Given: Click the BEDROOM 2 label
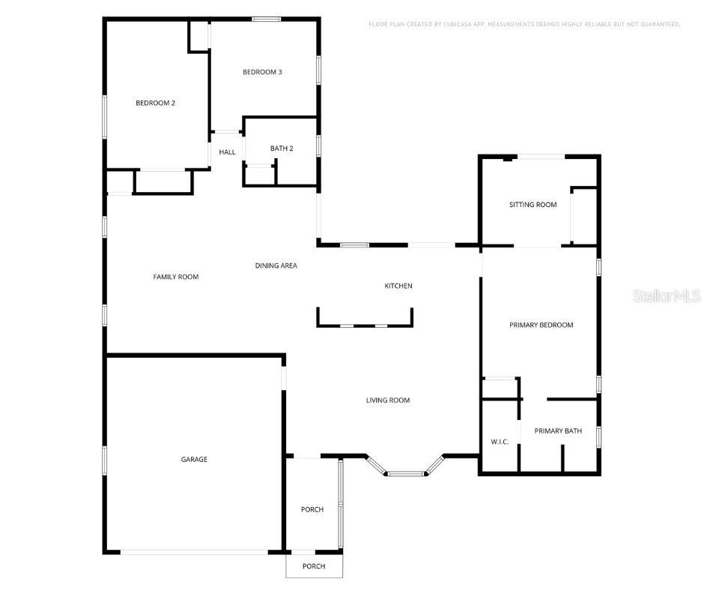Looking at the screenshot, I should point(155,103).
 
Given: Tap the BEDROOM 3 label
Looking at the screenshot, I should point(262,72).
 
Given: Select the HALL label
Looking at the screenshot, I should point(227,152).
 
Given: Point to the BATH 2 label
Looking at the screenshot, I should point(282,148).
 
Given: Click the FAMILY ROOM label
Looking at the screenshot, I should point(176,277).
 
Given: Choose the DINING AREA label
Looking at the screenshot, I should point(276,265).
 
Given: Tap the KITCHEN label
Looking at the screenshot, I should point(398,286).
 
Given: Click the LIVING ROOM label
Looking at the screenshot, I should point(388,400).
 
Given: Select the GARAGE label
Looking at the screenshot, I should point(194,460).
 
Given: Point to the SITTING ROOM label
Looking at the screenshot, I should point(533,205).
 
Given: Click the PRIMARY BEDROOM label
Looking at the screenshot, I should point(541,325).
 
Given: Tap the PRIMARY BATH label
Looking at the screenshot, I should point(558,431).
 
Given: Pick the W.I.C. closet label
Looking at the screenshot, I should point(500,442).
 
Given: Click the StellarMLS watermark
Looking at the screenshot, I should point(667,296).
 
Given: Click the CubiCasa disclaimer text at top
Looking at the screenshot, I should point(524,25).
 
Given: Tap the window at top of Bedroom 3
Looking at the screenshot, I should point(266,19).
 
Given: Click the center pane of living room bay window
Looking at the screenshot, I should point(405,474).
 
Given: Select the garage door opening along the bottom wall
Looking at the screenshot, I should point(194,553).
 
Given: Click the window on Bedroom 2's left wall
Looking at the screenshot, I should point(105,116).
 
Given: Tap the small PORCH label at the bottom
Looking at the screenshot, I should point(314,566).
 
